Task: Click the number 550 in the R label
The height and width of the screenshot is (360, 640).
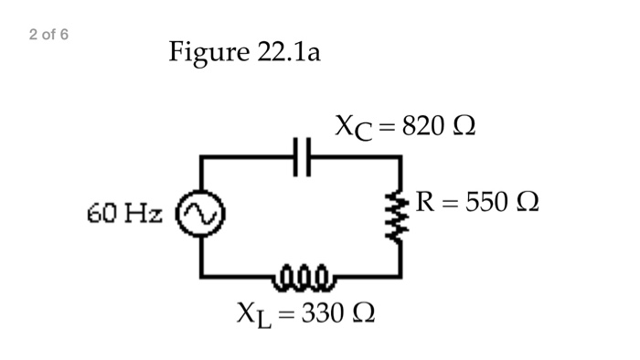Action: click(487, 201)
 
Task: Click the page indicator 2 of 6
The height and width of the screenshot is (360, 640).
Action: click(48, 35)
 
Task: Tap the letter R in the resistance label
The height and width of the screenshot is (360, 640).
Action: click(424, 201)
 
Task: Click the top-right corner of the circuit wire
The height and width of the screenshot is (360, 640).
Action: click(400, 157)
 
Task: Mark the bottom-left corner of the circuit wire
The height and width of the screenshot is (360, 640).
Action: click(202, 273)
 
